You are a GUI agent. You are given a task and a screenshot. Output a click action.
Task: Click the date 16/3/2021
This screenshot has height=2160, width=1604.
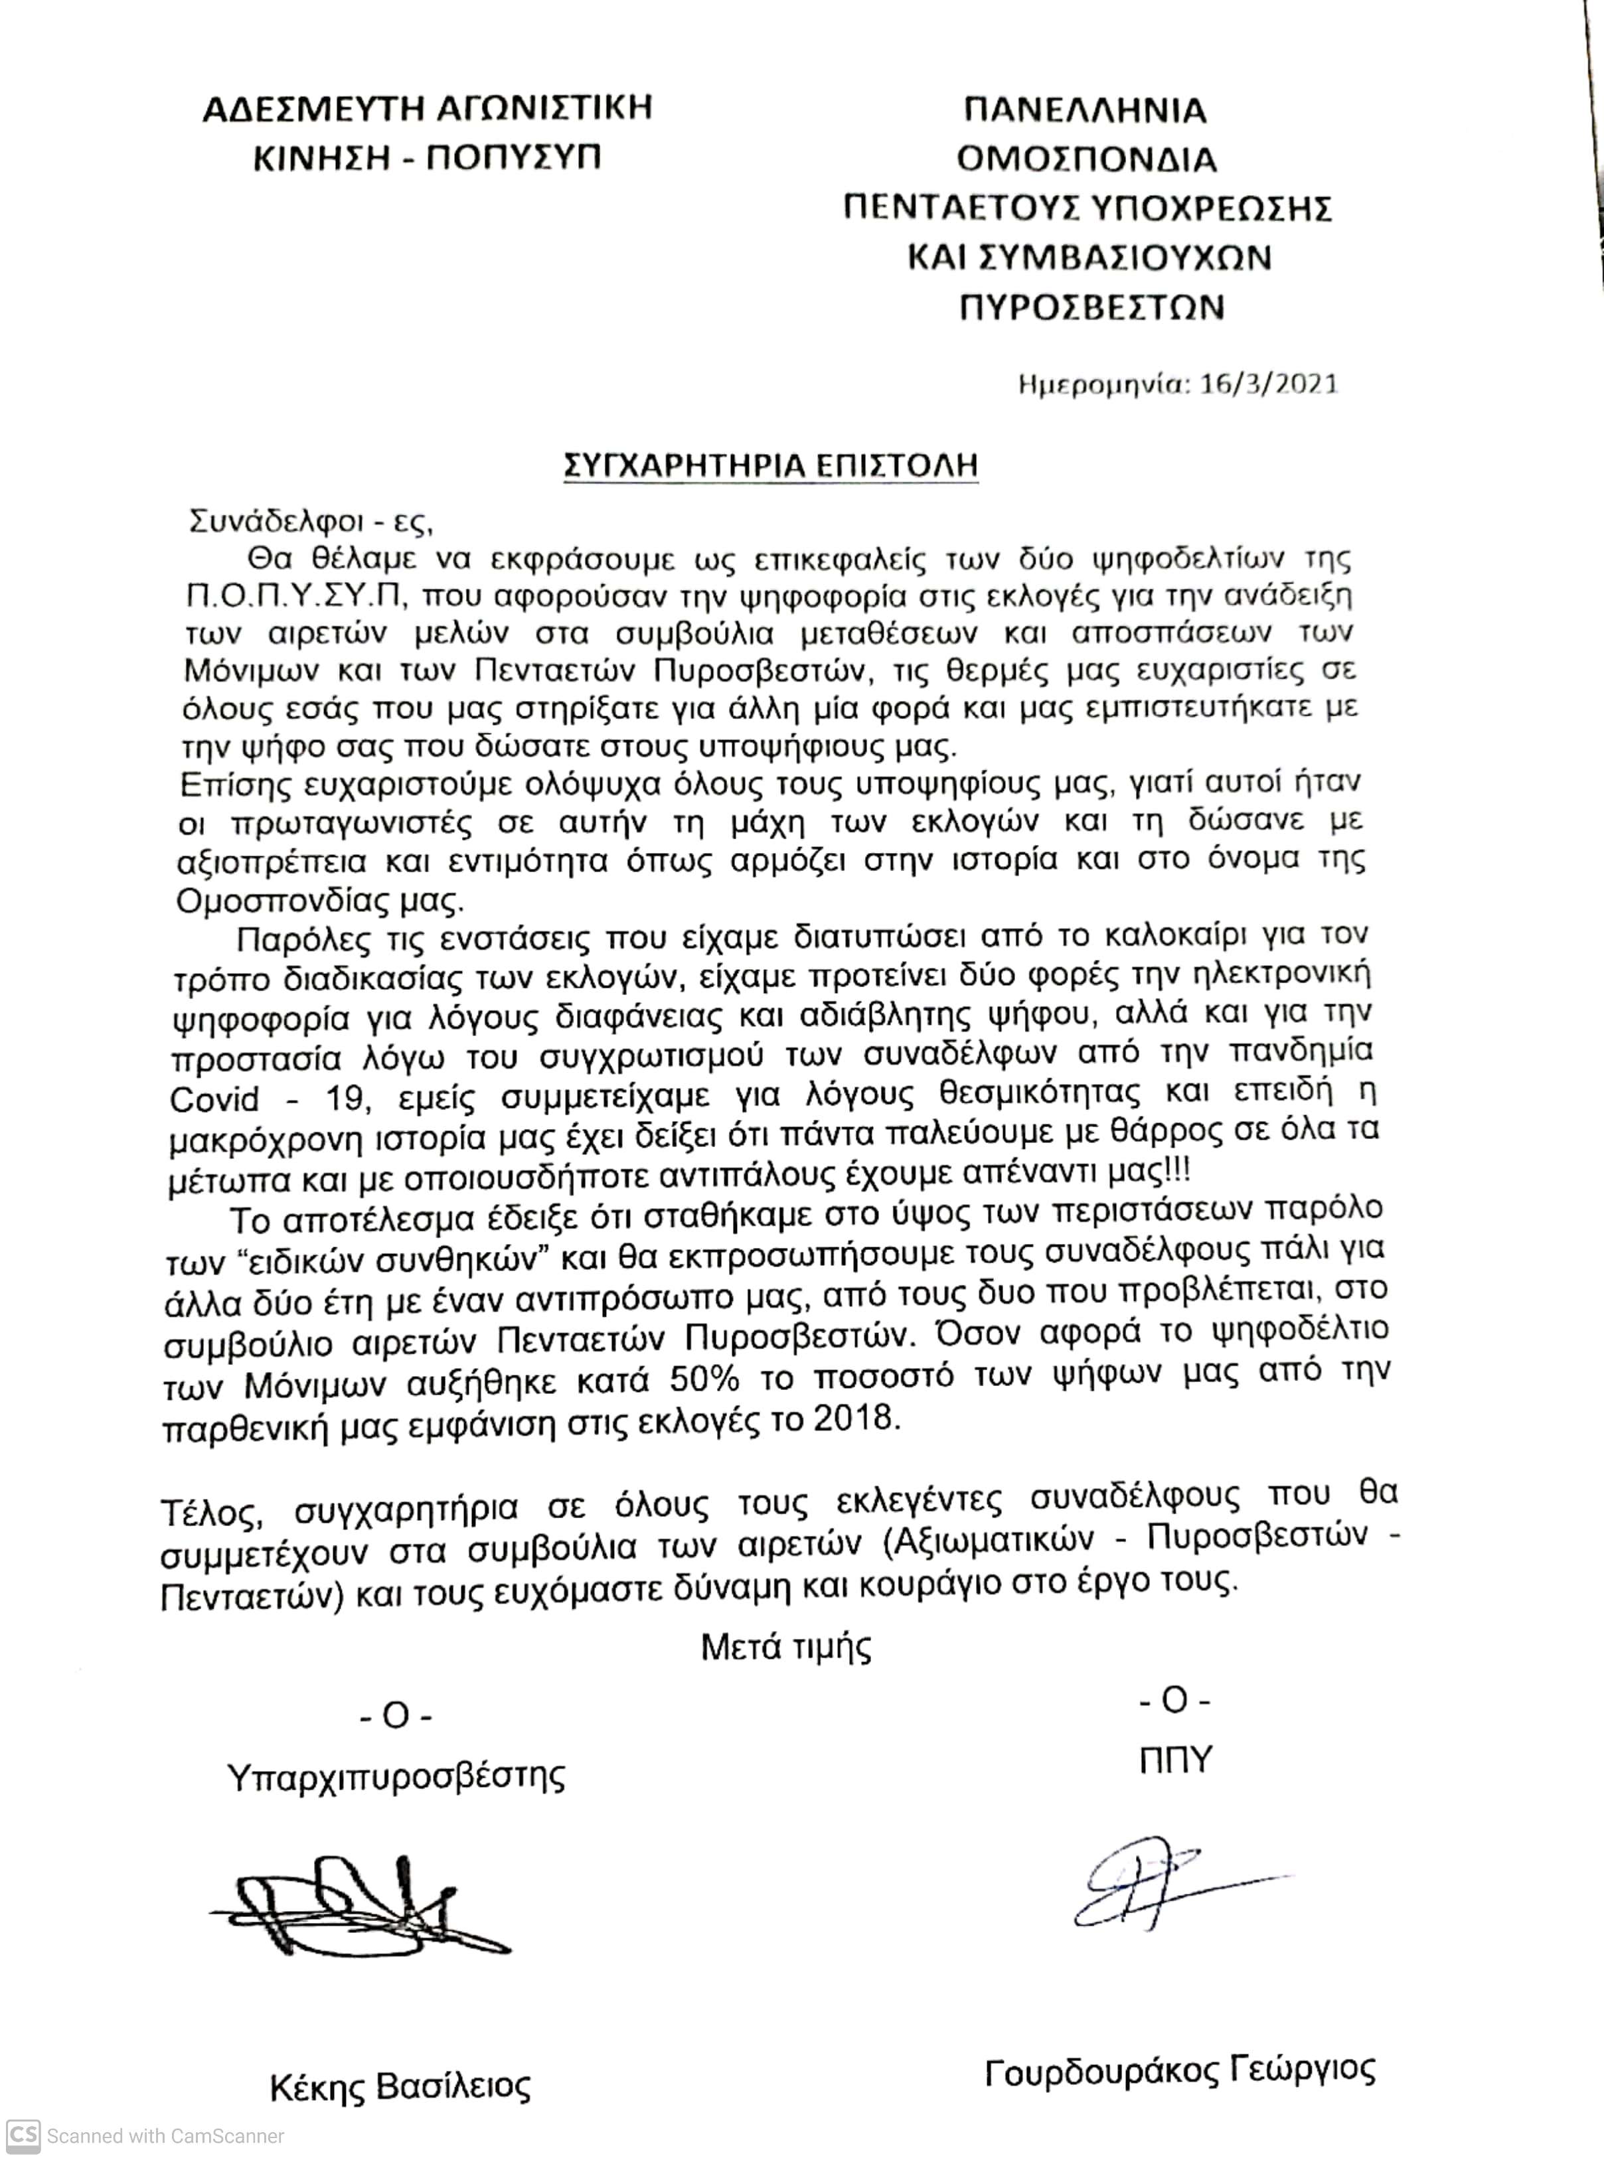[x=1269, y=384]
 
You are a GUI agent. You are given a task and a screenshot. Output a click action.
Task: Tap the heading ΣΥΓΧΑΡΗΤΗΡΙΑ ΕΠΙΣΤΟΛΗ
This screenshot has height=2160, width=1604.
[x=771, y=465]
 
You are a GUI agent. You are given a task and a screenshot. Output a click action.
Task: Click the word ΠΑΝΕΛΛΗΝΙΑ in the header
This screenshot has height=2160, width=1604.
[x=1085, y=110]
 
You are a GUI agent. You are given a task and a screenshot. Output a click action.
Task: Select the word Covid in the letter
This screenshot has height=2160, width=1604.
[x=214, y=1100]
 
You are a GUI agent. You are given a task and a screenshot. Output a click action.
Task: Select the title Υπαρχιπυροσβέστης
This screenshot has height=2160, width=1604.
[x=396, y=1776]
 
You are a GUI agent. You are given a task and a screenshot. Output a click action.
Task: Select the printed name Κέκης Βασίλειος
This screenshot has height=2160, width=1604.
[x=400, y=2085]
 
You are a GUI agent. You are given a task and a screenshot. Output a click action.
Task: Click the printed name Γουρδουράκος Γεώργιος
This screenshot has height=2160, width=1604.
[x=1180, y=2070]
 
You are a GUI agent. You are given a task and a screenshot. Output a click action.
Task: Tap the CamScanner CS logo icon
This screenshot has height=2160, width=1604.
[x=23, y=2135]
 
